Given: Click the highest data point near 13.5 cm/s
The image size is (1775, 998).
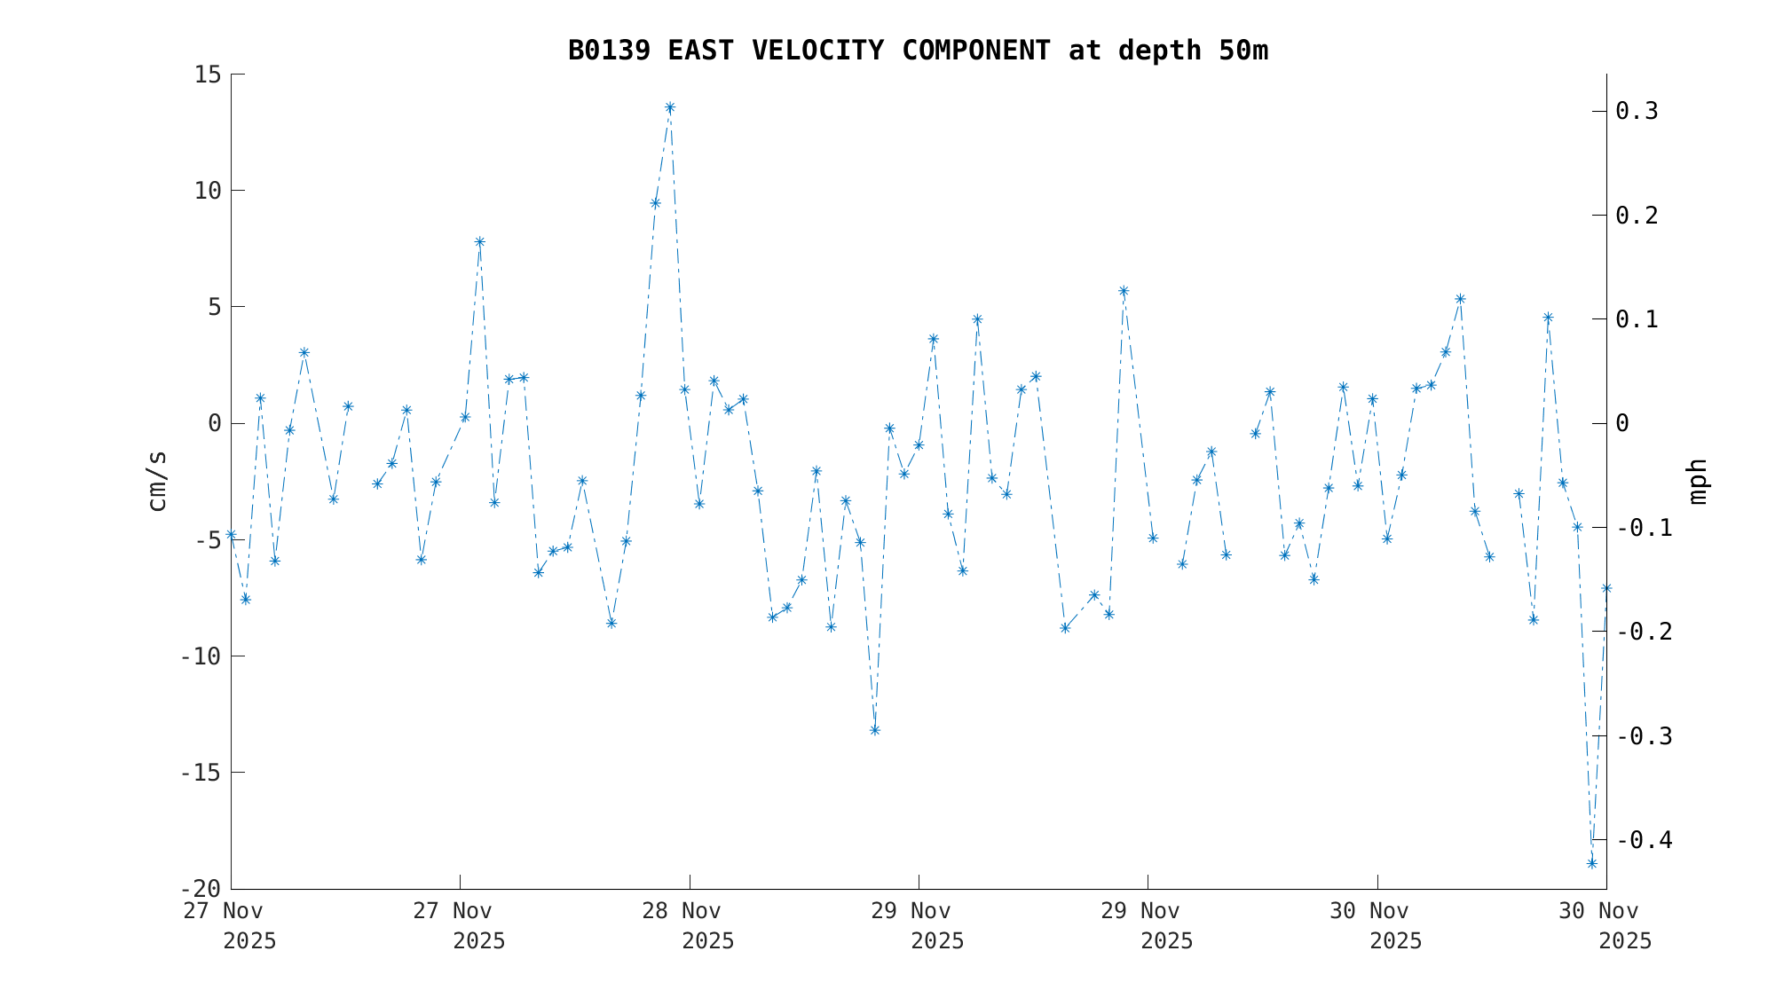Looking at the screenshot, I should (670, 107).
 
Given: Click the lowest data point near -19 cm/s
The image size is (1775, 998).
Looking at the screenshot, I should (1592, 863).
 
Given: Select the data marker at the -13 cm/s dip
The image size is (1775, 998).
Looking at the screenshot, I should (874, 730).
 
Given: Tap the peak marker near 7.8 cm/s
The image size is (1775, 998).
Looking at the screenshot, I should (479, 241).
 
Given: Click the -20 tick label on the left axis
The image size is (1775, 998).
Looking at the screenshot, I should (200, 889).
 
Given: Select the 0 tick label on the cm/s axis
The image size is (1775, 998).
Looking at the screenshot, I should (214, 423).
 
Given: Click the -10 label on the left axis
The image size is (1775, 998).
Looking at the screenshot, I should (200, 656).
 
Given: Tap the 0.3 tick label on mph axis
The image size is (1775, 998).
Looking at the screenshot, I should (1637, 111).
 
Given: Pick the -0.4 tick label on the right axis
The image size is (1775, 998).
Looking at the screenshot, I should (1645, 839).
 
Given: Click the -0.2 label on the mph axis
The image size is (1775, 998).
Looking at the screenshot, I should (1645, 632).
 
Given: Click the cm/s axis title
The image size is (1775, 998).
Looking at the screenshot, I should (157, 481).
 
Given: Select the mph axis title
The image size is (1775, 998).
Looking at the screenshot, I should (1697, 481).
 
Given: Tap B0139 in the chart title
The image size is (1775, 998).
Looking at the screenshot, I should (609, 51).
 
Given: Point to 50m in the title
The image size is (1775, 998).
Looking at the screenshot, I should (1243, 51).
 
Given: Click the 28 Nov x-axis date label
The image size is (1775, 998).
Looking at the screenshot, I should (682, 911).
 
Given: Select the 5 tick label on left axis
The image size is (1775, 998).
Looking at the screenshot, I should (214, 307).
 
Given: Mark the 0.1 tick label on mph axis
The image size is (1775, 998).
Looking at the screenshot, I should (1637, 319).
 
